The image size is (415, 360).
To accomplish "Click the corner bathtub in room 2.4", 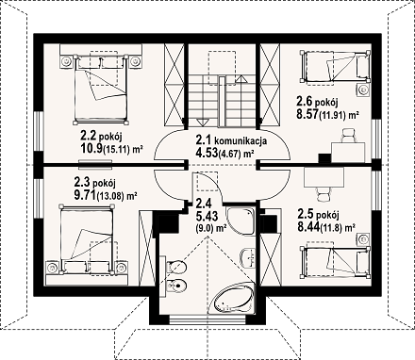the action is (233, 298).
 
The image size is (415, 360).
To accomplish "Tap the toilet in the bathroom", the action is (176, 267).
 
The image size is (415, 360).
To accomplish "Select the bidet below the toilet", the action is (176, 286).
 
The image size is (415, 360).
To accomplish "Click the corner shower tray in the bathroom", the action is (240, 221).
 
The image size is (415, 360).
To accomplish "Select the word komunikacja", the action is (245, 140).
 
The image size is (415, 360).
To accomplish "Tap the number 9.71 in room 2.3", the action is (85, 196).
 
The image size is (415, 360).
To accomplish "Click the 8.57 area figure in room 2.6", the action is (307, 114).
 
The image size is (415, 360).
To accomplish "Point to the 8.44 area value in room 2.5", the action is (308, 226).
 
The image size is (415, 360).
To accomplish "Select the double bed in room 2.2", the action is (101, 88).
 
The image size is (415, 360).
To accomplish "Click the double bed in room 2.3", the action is (87, 238).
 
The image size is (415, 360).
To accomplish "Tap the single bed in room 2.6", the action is (335, 66).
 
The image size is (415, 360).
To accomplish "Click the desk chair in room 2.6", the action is (349, 135).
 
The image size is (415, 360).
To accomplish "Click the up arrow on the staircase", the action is (241, 78).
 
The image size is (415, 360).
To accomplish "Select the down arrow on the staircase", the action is (201, 123).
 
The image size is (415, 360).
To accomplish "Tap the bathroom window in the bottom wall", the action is (207, 320).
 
